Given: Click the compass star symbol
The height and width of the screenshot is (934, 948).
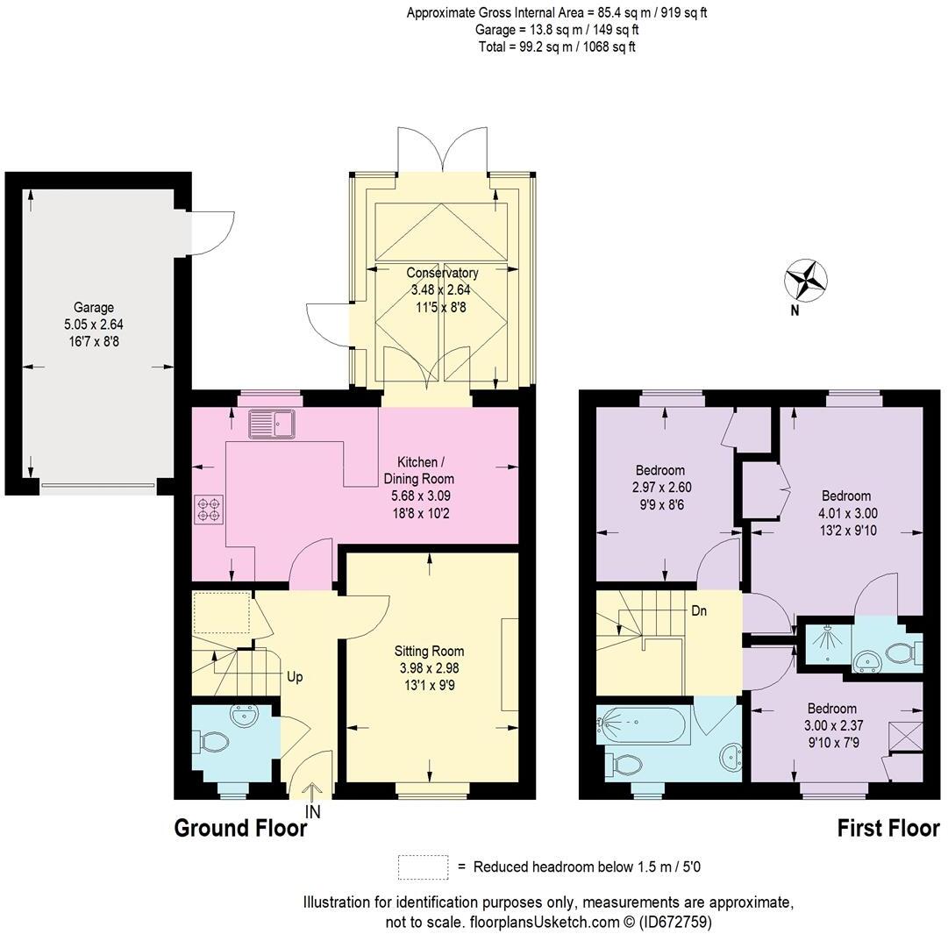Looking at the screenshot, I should tap(805, 280).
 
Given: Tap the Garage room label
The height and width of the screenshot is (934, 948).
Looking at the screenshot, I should tap(93, 308).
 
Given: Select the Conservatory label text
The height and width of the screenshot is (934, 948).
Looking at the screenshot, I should tap(442, 273).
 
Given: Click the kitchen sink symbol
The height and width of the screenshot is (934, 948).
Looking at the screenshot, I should tap(273, 424).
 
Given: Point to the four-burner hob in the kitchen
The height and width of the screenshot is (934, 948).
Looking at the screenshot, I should tap(210, 510).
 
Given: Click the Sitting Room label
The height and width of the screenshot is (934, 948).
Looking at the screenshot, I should tap(429, 652).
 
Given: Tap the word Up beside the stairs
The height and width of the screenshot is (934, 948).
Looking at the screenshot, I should tap(296, 677).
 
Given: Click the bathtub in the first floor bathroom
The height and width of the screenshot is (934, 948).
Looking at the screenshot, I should tap(642, 724).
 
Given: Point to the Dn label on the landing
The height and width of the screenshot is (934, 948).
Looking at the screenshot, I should tap(699, 611).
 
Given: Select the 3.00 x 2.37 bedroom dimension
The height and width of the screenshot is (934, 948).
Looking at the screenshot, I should tap(832, 725).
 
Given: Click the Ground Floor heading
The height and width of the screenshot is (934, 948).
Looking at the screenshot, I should tap(240, 828).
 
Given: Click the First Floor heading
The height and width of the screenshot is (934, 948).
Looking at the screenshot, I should tap(887, 828).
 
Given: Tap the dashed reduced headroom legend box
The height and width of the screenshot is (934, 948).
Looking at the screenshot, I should tap(423, 867).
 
